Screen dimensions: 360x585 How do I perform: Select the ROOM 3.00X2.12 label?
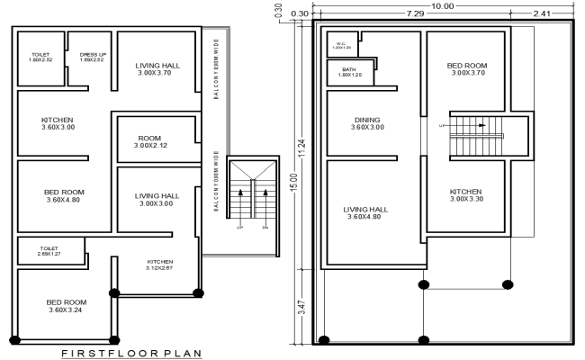152,141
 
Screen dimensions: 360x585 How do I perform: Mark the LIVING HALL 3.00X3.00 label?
157,200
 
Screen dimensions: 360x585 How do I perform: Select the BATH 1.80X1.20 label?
349,72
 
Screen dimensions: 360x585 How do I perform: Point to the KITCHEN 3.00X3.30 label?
466,195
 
